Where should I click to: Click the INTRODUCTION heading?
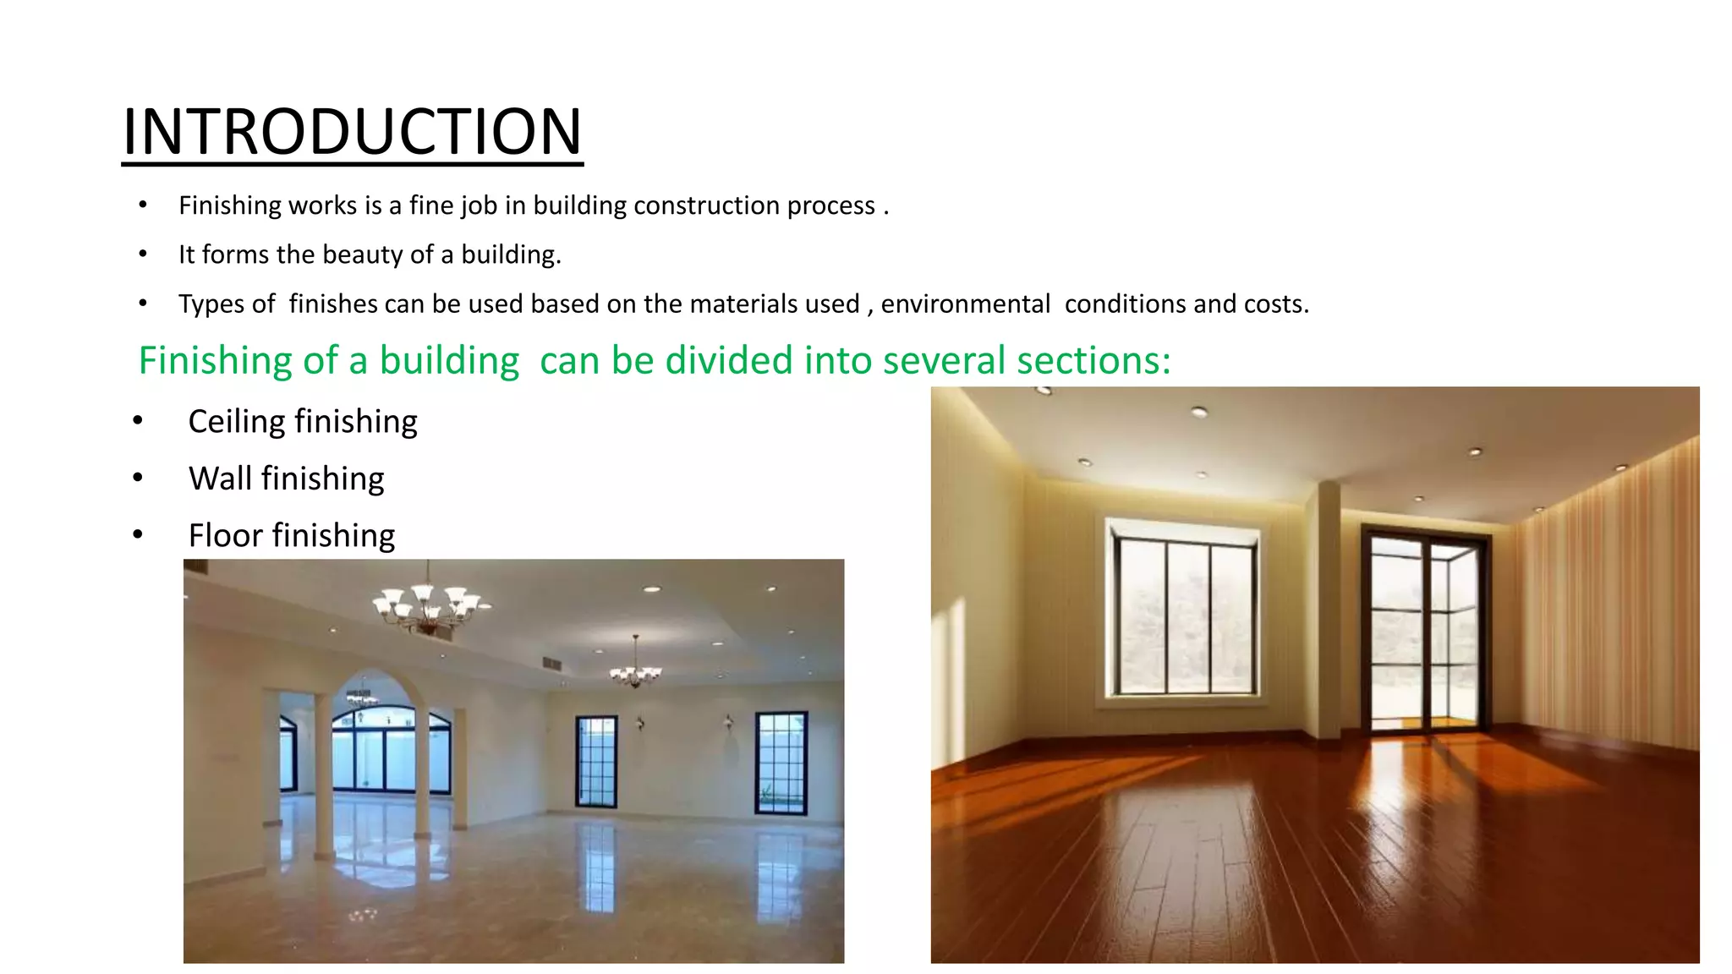[352, 132]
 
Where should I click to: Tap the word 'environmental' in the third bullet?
[965, 304]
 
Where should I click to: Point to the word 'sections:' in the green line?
[1093, 361]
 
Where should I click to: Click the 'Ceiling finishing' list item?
[303, 421]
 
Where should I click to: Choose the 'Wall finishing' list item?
[286, 479]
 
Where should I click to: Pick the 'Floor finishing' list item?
[291, 535]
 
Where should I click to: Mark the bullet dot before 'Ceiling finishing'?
[138, 421]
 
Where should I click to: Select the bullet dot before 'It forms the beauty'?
[143, 254]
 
